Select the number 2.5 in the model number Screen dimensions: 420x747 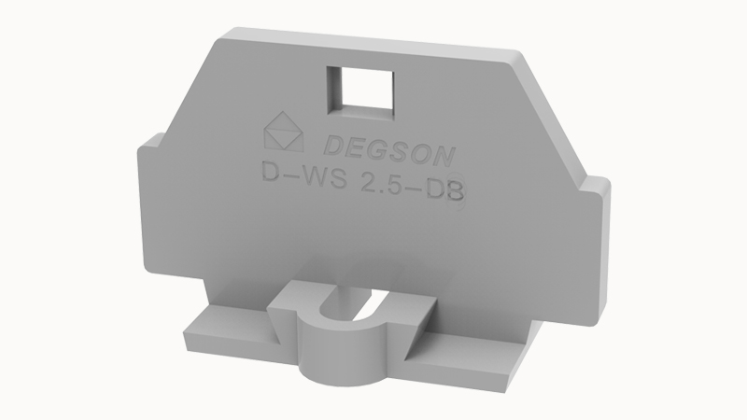[x=384, y=178]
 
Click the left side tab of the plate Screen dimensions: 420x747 [x=148, y=196]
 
